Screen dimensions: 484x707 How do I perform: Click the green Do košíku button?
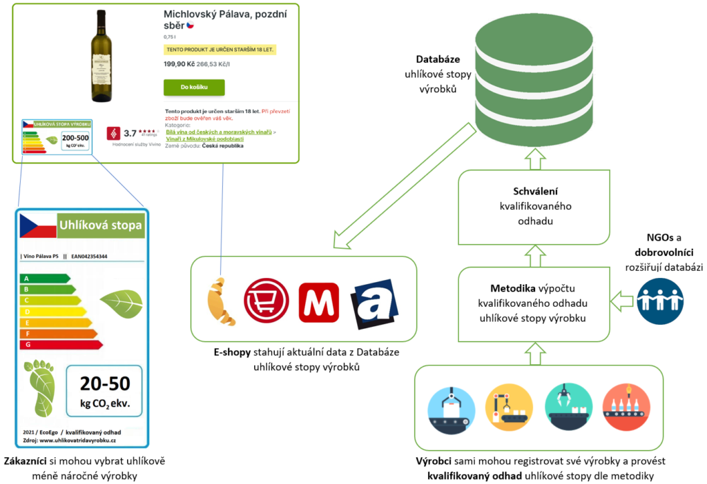pos(194,88)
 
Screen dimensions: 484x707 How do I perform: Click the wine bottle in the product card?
pos(101,57)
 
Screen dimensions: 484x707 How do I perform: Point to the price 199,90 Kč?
pos(179,63)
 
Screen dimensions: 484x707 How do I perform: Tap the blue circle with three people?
pos(659,301)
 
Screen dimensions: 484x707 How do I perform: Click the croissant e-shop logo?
pos(221,301)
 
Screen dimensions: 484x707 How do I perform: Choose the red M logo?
pos(318,302)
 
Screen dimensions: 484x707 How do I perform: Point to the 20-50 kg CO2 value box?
pos(104,391)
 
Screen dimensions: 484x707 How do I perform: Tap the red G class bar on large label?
pos(61,344)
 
